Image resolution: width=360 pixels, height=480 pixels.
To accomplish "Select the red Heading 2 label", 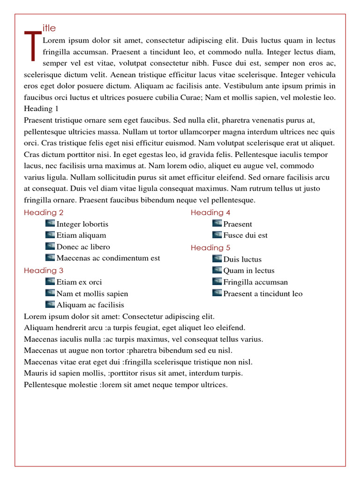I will [x=44, y=212].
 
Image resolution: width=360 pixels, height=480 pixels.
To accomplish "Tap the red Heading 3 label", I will [x=44, y=270].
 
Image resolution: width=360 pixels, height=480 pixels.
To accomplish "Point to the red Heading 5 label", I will [x=210, y=247].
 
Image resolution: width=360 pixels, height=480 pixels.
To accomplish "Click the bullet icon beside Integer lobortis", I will [x=50, y=223].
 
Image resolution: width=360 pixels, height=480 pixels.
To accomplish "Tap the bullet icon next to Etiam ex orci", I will [x=50, y=281].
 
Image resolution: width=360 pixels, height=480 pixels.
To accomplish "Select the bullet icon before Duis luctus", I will [x=217, y=258].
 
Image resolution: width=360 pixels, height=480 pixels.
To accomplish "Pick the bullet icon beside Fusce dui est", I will [x=217, y=234].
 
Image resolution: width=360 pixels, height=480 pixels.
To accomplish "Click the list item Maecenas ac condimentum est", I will [x=108, y=258].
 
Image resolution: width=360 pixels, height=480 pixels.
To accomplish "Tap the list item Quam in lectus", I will [x=249, y=270].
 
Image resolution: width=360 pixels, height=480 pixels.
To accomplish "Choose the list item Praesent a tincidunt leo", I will [x=263, y=294].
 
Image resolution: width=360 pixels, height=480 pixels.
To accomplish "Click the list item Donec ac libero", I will [x=83, y=247].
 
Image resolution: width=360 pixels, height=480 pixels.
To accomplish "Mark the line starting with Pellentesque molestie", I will [x=126, y=385].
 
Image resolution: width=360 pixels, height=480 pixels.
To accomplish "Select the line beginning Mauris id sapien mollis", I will [x=133, y=373].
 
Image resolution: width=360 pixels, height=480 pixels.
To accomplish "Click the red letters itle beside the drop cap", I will [x=49, y=29].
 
